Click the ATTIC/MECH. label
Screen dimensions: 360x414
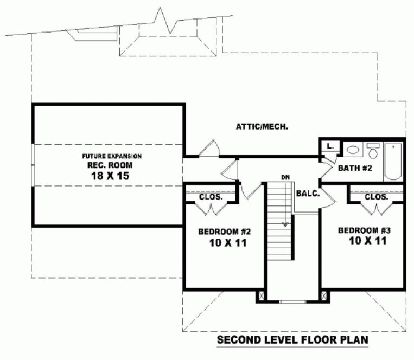[262, 127]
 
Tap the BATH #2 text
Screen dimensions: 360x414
[355, 168]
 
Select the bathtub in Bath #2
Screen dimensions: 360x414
[393, 162]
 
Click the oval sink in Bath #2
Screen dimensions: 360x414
[353, 150]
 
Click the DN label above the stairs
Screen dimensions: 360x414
[285, 177]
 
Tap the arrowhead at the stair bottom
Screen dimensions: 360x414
[284, 223]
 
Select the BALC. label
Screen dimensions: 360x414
[308, 193]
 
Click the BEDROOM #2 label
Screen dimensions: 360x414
[224, 232]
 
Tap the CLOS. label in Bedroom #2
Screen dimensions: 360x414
[211, 197]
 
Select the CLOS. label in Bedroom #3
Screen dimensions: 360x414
[376, 197]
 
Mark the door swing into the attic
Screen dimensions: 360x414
[209, 147]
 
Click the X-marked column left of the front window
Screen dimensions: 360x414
[261, 296]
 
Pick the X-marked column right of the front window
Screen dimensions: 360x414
[324, 296]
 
